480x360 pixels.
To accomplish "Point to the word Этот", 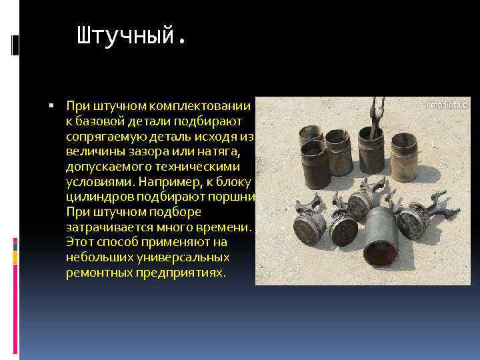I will click(x=79, y=243).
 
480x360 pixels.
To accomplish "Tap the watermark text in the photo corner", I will click(x=447, y=105).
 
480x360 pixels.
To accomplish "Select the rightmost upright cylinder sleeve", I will click(x=403, y=159).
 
